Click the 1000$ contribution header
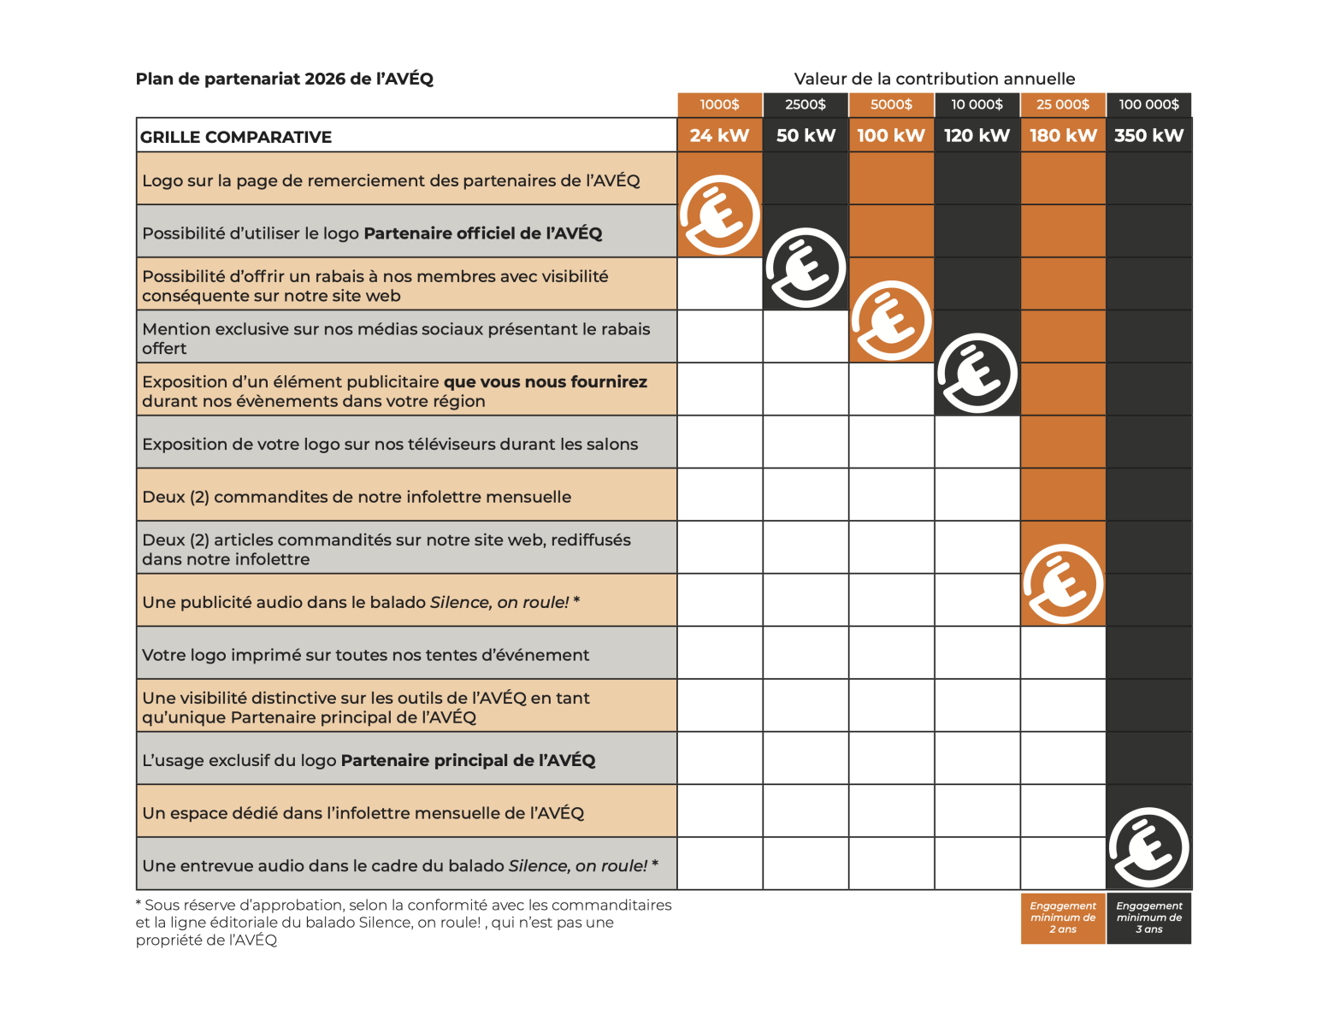[719, 104]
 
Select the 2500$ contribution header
[806, 104]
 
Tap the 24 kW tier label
[719, 135]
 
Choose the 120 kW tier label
[977, 135]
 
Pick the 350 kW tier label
[1148, 135]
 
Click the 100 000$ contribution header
[1148, 104]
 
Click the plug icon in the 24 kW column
[720, 215]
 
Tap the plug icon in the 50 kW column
[806, 268]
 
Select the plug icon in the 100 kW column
[891, 321]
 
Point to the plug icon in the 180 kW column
[1063, 584]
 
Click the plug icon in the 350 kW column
[1148, 847]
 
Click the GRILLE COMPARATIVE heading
[236, 137]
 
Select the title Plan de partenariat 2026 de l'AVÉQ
[285, 79]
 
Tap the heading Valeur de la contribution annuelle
[935, 79]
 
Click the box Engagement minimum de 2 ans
[1063, 917]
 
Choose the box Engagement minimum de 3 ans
[1148, 917]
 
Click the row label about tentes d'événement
[366, 655]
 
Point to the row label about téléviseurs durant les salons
[390, 444]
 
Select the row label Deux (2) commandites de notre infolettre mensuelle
[357, 497]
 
